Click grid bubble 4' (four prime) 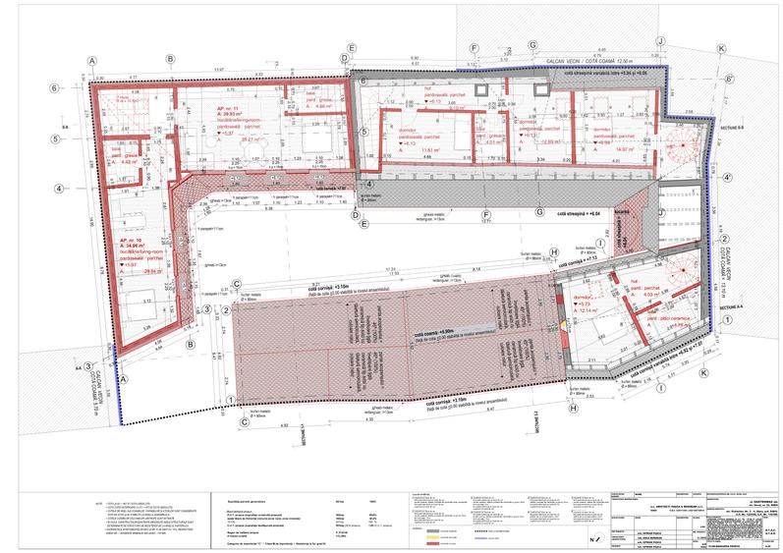(728, 179)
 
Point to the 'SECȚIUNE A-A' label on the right (734, 307)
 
